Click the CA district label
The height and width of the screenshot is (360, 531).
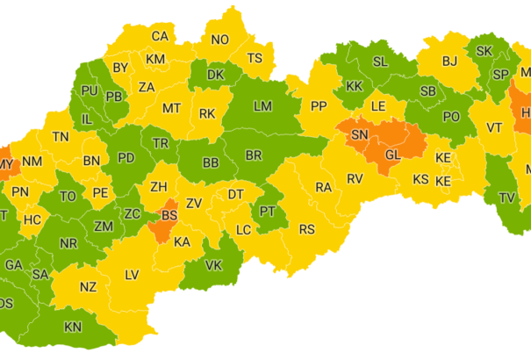[160, 37]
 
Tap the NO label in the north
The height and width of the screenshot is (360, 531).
[219, 40]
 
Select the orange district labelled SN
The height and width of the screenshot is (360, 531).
[360, 134]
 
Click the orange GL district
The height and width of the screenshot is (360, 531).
[392, 154]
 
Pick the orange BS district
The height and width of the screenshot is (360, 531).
[170, 214]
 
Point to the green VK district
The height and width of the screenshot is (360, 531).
[213, 265]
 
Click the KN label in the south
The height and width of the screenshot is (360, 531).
[73, 327]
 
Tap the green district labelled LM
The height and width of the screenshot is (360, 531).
[262, 106]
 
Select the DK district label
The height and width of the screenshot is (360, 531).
[216, 76]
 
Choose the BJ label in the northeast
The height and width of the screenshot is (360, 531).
[450, 61]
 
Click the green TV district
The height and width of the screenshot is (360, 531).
[506, 198]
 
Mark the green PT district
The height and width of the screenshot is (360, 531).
[268, 212]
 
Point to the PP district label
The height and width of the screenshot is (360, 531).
[318, 106]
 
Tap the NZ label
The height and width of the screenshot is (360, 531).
[88, 286]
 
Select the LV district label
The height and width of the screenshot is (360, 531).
[132, 275]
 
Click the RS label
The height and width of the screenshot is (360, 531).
[306, 229]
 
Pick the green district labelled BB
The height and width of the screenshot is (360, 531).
[211, 162]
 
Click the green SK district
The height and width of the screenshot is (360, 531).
[484, 51]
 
